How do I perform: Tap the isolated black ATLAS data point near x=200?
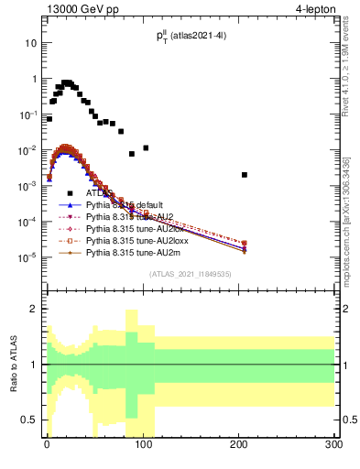pos(245,175)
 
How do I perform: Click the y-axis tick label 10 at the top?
pos(31,43)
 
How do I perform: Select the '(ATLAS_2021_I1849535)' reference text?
pos(190,274)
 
